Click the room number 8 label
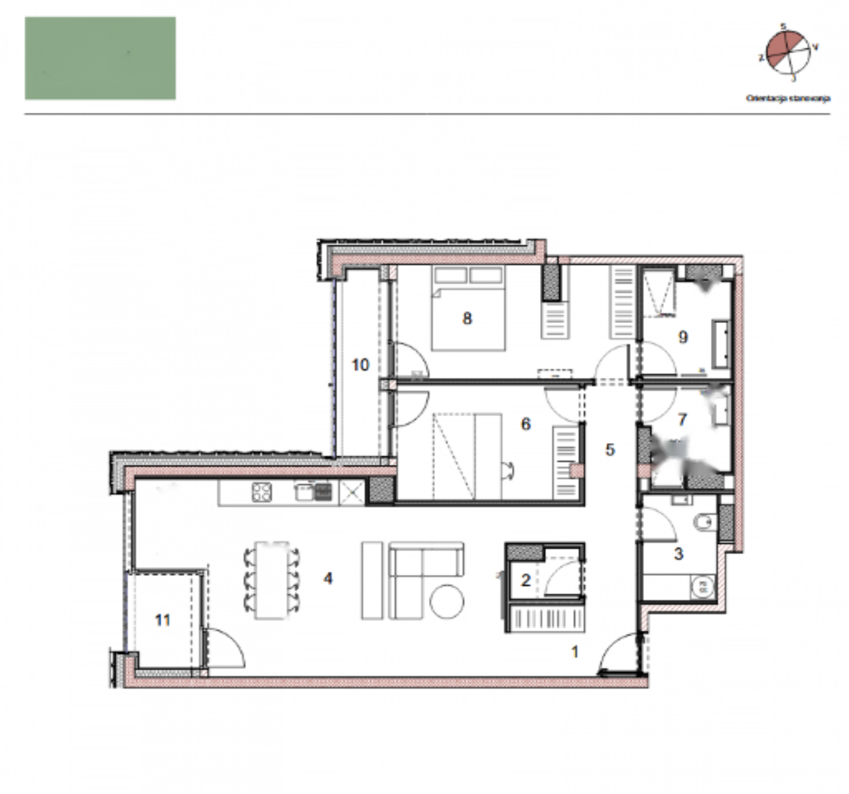(x=467, y=318)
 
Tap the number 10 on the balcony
(x=360, y=365)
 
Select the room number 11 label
(x=163, y=620)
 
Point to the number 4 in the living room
(x=328, y=578)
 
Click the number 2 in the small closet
(x=525, y=581)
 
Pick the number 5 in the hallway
(x=610, y=450)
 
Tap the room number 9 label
(x=683, y=337)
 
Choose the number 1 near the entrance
(x=575, y=652)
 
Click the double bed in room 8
(x=468, y=308)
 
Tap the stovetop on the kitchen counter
(x=262, y=492)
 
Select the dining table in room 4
(x=272, y=579)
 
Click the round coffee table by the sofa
(x=446, y=601)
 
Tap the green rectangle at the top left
(x=100, y=58)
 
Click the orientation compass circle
(x=787, y=53)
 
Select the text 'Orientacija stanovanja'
(x=788, y=98)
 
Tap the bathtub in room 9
(x=721, y=344)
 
